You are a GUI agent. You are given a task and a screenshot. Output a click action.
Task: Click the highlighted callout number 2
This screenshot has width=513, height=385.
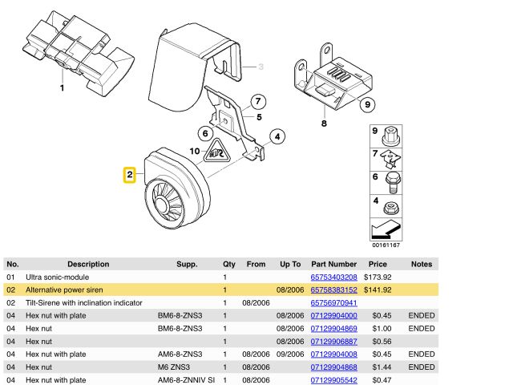pyautogui.click(x=128, y=174)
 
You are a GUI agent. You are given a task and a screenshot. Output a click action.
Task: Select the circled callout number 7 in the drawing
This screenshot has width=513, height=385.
pyautogui.click(x=257, y=102)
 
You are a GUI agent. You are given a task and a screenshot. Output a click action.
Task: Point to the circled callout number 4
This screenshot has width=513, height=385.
pyautogui.click(x=277, y=136)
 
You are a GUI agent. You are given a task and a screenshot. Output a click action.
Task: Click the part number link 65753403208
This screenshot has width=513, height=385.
pyautogui.click(x=333, y=277)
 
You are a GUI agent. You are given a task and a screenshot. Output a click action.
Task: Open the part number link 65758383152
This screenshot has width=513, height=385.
pyautogui.click(x=333, y=290)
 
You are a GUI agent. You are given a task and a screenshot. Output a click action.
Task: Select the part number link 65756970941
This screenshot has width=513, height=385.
pyautogui.click(x=333, y=302)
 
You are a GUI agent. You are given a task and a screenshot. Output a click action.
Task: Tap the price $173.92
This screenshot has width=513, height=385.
pyautogui.click(x=376, y=277)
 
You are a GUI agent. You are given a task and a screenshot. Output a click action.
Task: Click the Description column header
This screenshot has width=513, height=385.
pyautogui.click(x=88, y=264)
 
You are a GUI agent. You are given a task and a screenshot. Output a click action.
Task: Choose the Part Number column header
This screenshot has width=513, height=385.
pyautogui.click(x=333, y=264)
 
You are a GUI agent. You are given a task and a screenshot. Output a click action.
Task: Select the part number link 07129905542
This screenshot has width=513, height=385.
pyautogui.click(x=333, y=379)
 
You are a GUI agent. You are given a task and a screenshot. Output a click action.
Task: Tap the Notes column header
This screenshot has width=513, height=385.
pyautogui.click(x=421, y=264)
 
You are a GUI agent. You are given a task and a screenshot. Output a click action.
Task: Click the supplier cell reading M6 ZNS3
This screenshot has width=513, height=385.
pyautogui.click(x=176, y=367)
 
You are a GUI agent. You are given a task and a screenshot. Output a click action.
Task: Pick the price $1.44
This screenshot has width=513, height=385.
pyautogui.click(x=378, y=367)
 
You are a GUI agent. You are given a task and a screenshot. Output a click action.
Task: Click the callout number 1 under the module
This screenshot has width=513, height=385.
pyautogui.click(x=62, y=87)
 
